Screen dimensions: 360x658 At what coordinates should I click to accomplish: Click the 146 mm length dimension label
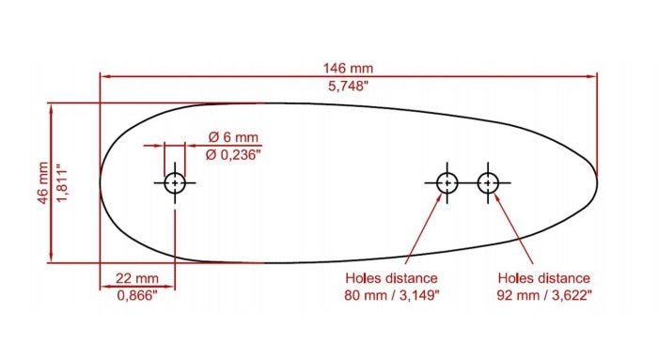tap(348, 68)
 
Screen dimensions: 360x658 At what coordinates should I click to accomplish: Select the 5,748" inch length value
tap(348, 86)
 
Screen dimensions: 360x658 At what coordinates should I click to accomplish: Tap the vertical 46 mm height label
tap(42, 182)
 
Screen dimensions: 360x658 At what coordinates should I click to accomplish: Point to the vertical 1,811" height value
tap(63, 182)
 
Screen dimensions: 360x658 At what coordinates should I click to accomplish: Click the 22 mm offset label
tap(137, 278)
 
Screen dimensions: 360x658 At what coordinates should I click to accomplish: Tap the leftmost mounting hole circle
tap(175, 182)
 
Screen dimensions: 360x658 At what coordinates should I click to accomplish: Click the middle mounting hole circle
tap(446, 182)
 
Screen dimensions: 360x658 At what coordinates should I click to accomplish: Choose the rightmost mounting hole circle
tap(487, 182)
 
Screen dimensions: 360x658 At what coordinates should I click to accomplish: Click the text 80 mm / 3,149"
tap(391, 295)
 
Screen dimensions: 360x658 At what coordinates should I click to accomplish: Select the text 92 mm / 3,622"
tap(543, 295)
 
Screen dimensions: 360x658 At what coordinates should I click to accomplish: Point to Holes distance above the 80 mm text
tap(391, 278)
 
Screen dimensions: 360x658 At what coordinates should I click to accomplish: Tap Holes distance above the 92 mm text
tap(543, 278)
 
